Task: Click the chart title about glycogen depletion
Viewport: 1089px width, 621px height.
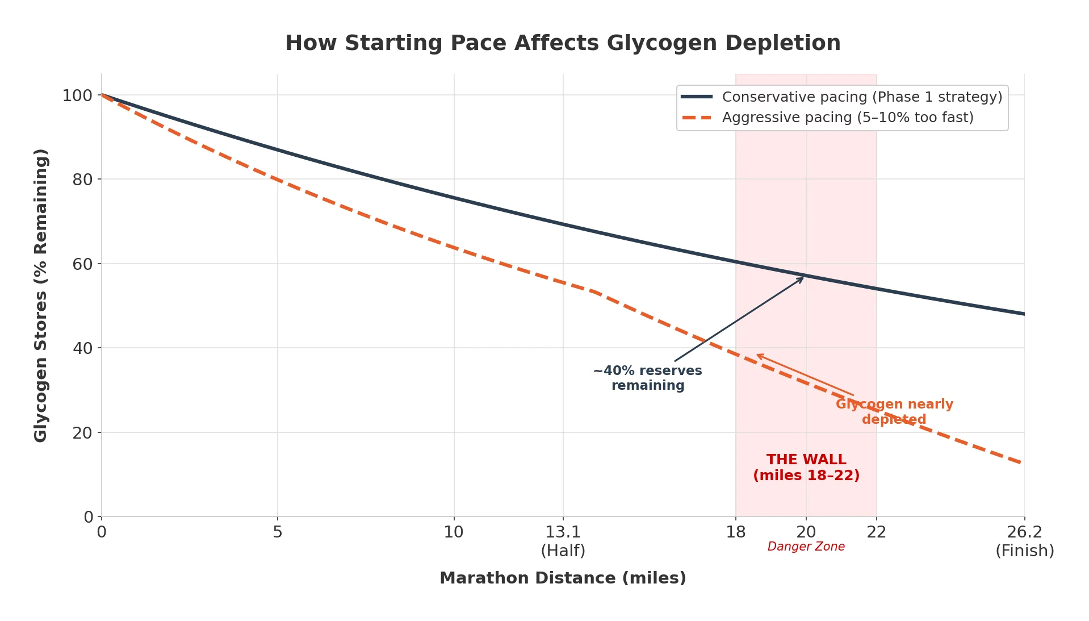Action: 562,43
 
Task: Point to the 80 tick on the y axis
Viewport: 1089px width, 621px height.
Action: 82,180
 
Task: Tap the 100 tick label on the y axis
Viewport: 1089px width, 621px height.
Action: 77,95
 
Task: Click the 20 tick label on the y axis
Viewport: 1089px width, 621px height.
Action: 82,433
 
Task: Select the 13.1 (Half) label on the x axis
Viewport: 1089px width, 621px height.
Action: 563,541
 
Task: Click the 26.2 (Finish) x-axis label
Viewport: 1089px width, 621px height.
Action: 1024,541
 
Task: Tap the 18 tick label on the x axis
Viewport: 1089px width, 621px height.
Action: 735,532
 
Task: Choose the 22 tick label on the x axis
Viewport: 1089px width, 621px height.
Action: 876,532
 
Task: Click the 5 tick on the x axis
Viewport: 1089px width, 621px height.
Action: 277,532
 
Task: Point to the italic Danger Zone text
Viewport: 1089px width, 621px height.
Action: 806,547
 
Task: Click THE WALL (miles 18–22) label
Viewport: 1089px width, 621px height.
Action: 806,468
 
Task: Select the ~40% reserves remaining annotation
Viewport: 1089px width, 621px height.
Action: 647,378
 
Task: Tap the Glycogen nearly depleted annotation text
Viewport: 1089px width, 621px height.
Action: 894,412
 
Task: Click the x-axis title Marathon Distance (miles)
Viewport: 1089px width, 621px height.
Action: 562,578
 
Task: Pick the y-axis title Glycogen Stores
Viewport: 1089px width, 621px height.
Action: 40,295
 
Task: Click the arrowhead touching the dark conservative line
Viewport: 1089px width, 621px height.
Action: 802,278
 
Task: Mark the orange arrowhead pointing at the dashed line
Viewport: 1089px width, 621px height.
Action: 759,355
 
